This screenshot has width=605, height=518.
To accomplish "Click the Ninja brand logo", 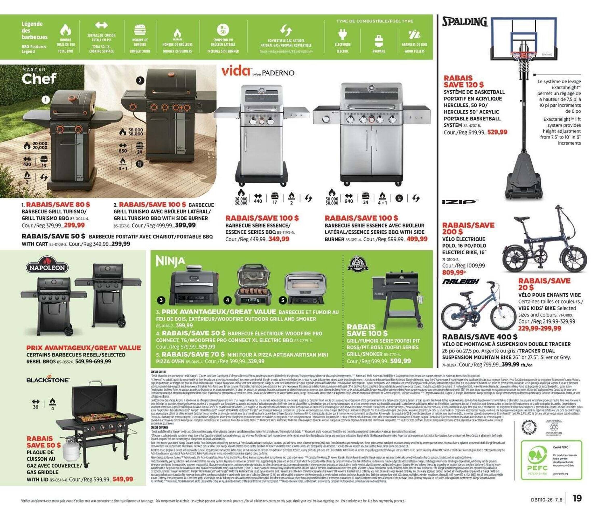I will pyautogui.click(x=171, y=261).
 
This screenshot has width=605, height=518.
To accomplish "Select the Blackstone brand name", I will pyautogui.click(x=48, y=380).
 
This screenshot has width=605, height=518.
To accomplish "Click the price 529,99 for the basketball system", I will pyautogui.click(x=497, y=132).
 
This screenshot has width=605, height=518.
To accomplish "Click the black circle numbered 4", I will pyautogui.click(x=228, y=300).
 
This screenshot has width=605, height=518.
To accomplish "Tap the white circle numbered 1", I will pyautogui.click(x=46, y=100).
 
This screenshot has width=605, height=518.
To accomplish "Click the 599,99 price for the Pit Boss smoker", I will pyautogui.click(x=400, y=361).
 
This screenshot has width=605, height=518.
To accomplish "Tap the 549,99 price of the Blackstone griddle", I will pyautogui.click(x=123, y=479).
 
